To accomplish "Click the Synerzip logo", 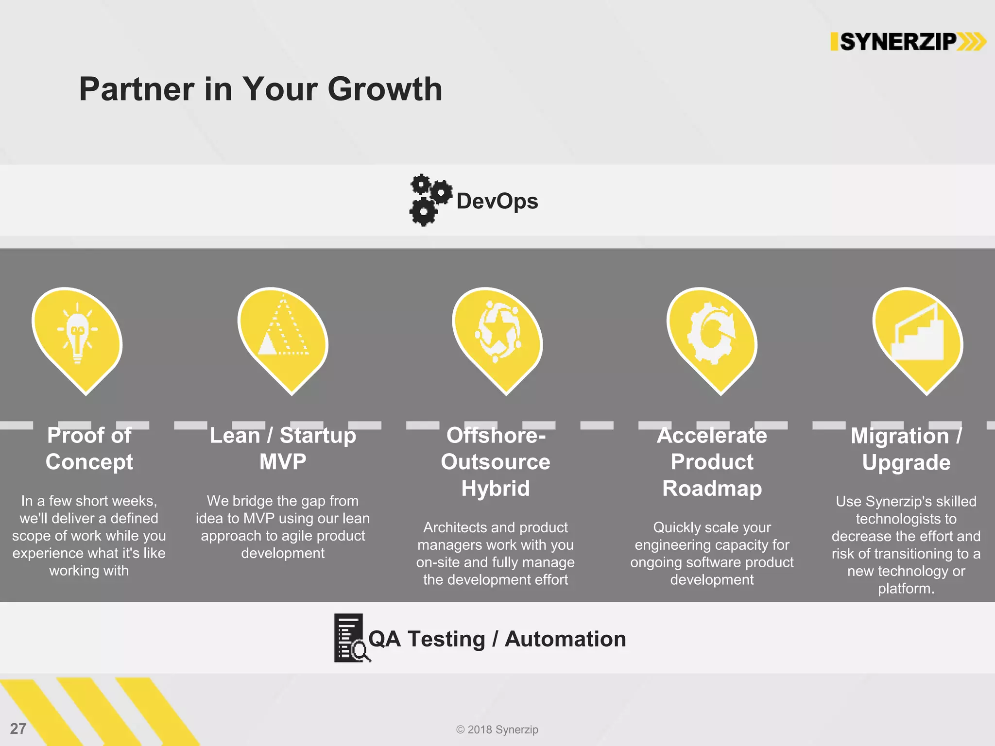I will (908, 42).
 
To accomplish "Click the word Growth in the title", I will (385, 90).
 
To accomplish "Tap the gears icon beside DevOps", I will (429, 200).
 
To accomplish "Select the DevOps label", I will (497, 201).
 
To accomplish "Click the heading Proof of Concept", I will (89, 448).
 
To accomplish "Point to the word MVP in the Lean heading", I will (283, 462).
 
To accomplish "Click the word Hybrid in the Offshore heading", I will (495, 489).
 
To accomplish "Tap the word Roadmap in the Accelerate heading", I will (712, 489).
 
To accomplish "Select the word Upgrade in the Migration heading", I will (906, 462).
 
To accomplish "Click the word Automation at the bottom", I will (565, 639).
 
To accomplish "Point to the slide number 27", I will (18, 729).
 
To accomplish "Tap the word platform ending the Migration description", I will (905, 589).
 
